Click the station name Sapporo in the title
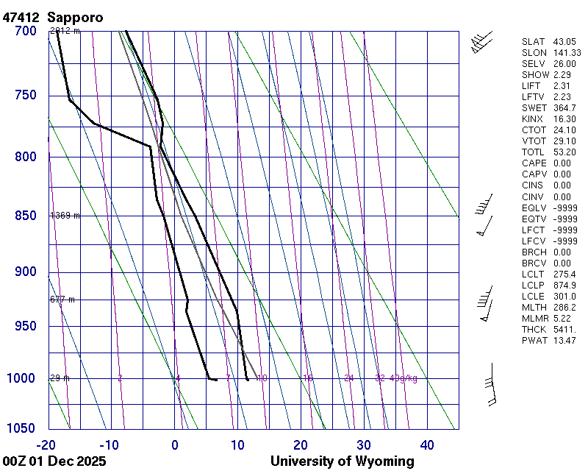[76, 16]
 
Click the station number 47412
[21, 16]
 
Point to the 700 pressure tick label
[26, 31]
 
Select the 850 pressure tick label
[26, 216]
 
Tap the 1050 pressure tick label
[22, 428]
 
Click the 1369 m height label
[65, 216]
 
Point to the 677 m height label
[62, 300]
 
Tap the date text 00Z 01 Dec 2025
[54, 461]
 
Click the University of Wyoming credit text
[343, 461]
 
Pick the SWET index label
[534, 108]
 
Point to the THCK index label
[534, 329]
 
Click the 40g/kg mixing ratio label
[404, 378]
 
